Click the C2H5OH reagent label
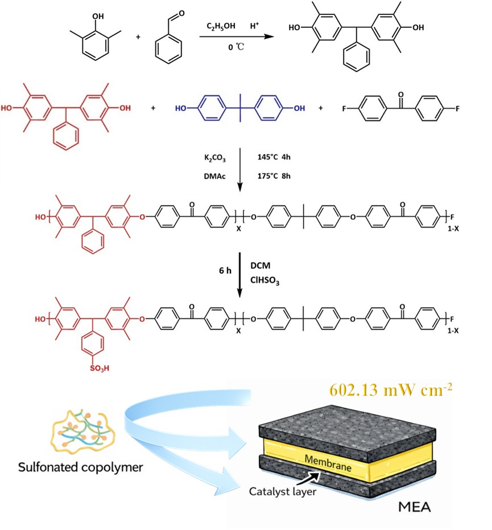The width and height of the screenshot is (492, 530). tap(221, 26)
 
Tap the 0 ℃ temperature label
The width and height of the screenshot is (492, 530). tap(235, 47)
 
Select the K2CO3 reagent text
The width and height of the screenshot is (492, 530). tap(215, 158)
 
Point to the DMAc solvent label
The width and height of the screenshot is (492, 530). tap(215, 176)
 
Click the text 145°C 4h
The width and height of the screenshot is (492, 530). tap(274, 157)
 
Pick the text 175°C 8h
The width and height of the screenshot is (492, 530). tap(274, 176)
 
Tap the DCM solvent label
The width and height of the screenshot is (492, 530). tap(261, 266)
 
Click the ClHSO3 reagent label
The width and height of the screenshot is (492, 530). tap(264, 280)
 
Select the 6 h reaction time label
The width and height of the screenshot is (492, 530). tap(225, 271)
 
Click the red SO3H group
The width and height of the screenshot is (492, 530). tap(100, 368)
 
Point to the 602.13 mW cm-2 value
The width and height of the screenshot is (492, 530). tap(391, 390)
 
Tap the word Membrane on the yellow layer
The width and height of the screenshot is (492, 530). tap(328, 463)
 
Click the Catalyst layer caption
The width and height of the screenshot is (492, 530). tap(283, 491)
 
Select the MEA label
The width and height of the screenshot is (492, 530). tap(415, 507)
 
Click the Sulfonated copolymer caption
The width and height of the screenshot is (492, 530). tap(80, 467)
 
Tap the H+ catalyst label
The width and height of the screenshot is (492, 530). tap(255, 26)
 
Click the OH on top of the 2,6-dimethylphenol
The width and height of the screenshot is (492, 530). tap(98, 16)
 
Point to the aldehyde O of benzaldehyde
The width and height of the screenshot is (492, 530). tap(181, 14)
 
